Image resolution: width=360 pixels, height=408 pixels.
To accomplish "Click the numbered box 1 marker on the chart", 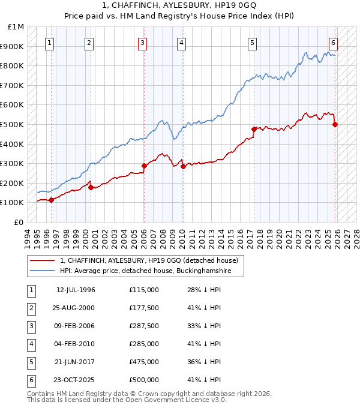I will pos(49,43).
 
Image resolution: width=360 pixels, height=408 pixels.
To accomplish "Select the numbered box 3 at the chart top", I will pos(142,43).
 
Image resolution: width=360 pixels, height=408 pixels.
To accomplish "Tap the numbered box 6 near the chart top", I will pos(333,43).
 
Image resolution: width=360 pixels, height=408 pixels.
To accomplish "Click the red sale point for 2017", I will pos(254,129).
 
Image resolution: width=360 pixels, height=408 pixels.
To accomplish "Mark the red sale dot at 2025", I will pos(335,124).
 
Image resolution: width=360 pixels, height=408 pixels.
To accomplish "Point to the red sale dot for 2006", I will pos(144,166).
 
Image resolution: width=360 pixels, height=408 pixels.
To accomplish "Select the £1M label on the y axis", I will pos(16,27).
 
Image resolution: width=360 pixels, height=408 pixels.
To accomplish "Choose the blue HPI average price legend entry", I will pos(144,271).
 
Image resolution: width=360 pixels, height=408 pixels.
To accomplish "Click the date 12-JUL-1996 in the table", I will pos(76,290).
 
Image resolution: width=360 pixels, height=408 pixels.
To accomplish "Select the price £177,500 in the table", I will pos(143,308).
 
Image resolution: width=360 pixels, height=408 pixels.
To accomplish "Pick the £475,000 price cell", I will pos(143,362).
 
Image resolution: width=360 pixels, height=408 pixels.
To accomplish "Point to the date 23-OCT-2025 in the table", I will pos(76,380).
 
